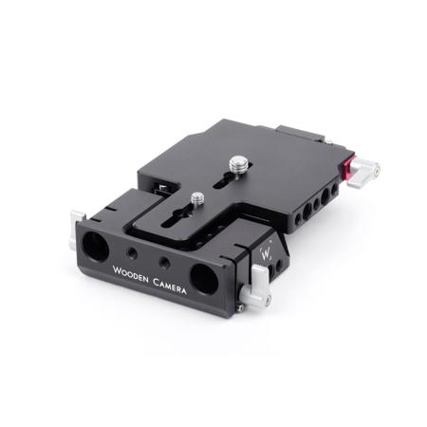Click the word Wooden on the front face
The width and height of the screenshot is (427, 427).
point(130,274)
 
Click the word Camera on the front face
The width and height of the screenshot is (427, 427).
point(170,287)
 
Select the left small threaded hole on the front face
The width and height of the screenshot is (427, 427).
point(132,252)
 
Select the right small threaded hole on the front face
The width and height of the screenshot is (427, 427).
point(164,262)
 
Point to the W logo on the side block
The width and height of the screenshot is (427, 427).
point(266,253)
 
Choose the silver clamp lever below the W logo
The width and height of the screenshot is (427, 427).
point(255,287)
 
